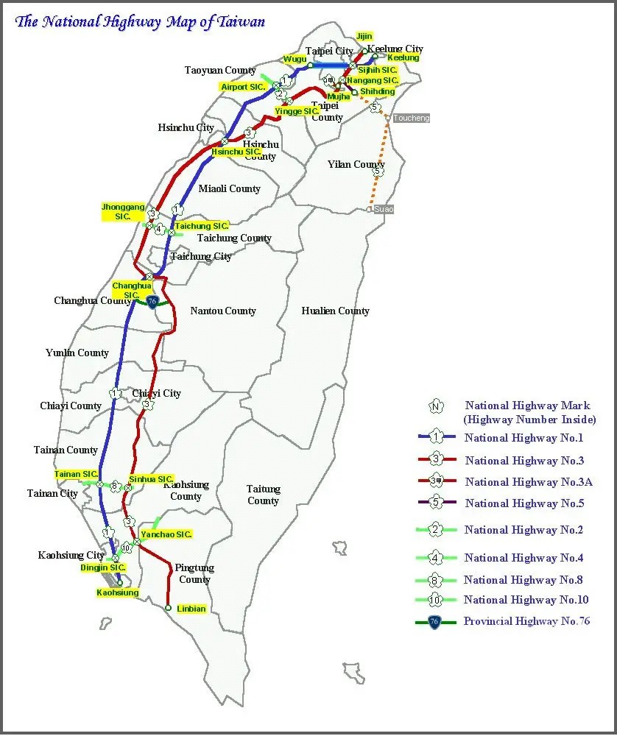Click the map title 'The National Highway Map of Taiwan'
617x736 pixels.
[140, 21]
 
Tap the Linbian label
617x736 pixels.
[191, 609]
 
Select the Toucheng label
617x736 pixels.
[411, 118]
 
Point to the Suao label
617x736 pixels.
[384, 210]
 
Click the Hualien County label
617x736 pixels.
[335, 311]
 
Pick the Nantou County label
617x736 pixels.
[223, 311]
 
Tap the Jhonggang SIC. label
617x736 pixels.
[123, 212]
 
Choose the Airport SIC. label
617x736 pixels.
[244, 87]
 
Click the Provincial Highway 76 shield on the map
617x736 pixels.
[152, 302]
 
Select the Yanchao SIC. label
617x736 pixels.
[166, 534]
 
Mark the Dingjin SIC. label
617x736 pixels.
[103, 567]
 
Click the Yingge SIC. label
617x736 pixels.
[297, 111]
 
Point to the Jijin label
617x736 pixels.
[364, 36]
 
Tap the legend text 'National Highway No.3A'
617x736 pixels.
[529, 482]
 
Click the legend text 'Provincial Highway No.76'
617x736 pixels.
[526, 621]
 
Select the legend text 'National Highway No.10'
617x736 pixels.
[526, 600]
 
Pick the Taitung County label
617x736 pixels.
[263, 495]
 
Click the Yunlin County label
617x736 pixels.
[77, 353]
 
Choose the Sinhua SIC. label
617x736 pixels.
[151, 479]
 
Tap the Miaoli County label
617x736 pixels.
[230, 188]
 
